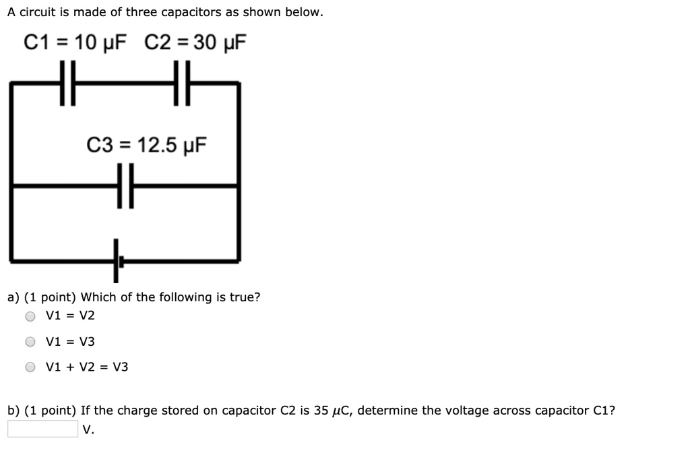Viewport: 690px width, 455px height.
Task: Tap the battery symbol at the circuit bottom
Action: [117, 260]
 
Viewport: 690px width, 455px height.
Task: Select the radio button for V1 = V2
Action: [30, 316]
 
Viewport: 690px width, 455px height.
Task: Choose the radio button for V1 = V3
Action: [30, 342]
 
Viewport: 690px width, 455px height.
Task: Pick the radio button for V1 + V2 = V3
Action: [30, 367]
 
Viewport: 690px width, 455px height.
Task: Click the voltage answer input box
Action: [43, 429]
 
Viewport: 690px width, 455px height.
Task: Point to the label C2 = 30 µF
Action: [195, 43]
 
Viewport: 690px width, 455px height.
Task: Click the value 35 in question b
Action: [321, 411]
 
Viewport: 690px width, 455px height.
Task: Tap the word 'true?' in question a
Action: [245, 297]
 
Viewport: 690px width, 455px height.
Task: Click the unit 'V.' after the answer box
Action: [88, 429]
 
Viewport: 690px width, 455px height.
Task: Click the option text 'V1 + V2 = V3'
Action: [87, 367]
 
